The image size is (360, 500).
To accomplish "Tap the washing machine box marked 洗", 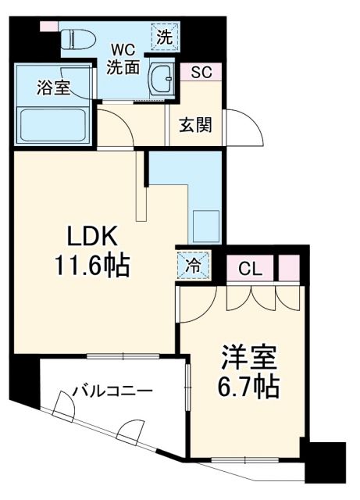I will [166, 35].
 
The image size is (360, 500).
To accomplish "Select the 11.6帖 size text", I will [91, 268].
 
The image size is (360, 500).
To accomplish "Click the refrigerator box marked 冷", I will [192, 264].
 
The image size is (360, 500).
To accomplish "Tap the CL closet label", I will [249, 270].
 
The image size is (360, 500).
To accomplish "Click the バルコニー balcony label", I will [113, 391].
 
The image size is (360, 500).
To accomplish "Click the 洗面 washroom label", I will [123, 67].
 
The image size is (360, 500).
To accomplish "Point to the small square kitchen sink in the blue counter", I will [206, 223].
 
